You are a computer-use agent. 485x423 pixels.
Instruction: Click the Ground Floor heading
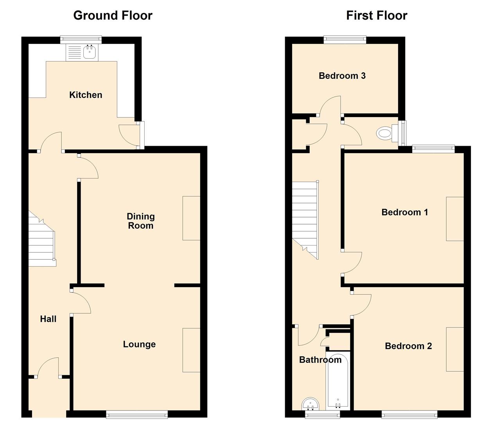click(x=113, y=15)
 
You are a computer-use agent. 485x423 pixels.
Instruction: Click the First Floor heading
click(x=376, y=15)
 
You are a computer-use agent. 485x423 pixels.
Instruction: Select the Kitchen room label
click(x=86, y=95)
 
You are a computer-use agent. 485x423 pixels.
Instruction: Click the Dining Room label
click(x=140, y=221)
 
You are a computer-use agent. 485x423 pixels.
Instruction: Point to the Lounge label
click(x=139, y=344)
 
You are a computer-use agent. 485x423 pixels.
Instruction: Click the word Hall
click(x=48, y=319)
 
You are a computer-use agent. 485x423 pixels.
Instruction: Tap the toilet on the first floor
click(x=385, y=134)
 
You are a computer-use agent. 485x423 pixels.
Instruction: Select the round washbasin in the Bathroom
click(x=311, y=404)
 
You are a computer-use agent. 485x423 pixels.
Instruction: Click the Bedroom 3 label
click(x=342, y=76)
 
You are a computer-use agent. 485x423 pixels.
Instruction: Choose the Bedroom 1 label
click(x=404, y=212)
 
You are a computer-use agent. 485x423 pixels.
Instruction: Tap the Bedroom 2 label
click(x=408, y=346)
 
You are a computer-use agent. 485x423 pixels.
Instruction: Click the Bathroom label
click(x=320, y=360)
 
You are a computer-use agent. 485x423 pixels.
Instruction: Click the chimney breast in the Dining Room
click(x=191, y=218)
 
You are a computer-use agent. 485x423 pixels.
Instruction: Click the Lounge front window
click(x=137, y=414)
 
